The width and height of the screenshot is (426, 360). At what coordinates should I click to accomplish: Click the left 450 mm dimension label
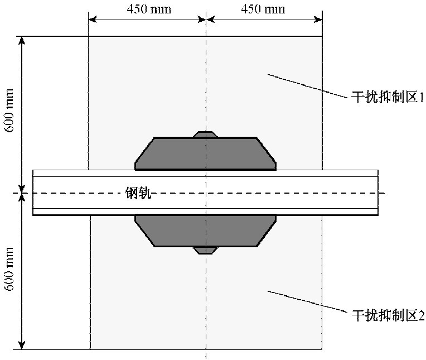pyautogui.click(x=149, y=9)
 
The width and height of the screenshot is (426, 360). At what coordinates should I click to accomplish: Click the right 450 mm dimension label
pyautogui.click(x=263, y=9)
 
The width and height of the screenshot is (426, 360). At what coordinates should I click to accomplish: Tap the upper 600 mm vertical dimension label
pyautogui.click(x=9, y=111)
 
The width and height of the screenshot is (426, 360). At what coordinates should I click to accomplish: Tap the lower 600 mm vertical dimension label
pyautogui.click(x=9, y=269)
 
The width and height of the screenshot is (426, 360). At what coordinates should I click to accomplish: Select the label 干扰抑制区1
pyautogui.click(x=388, y=97)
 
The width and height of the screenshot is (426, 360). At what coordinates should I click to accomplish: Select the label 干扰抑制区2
pyautogui.click(x=388, y=315)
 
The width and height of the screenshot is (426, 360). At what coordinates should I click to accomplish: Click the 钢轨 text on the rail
pyautogui.click(x=138, y=193)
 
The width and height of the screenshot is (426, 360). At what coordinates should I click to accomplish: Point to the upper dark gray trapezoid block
pyautogui.click(x=206, y=153)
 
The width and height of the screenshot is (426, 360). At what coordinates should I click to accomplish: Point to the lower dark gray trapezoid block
pyautogui.click(x=206, y=231)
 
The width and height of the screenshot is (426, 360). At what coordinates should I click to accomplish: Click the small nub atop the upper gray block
pyautogui.click(x=205, y=135)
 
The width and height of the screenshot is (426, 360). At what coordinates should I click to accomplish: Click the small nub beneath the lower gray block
pyautogui.click(x=205, y=250)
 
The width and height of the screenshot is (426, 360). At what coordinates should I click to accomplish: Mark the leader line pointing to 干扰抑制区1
pyautogui.click(x=308, y=85)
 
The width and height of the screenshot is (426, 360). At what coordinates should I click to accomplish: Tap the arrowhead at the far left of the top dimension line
pyautogui.click(x=93, y=20)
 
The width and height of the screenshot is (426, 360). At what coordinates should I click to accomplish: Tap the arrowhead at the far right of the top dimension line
pyautogui.click(x=318, y=20)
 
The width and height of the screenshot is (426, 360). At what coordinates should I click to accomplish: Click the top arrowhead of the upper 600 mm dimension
pyautogui.click(x=22, y=40)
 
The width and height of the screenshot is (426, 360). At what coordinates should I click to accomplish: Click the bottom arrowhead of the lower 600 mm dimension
pyautogui.click(x=22, y=345)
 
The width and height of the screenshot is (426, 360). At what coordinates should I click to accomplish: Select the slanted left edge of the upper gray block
pyautogui.click(x=144, y=150)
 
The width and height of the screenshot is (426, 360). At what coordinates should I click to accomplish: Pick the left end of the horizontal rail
pyautogui.click(x=33, y=193)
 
